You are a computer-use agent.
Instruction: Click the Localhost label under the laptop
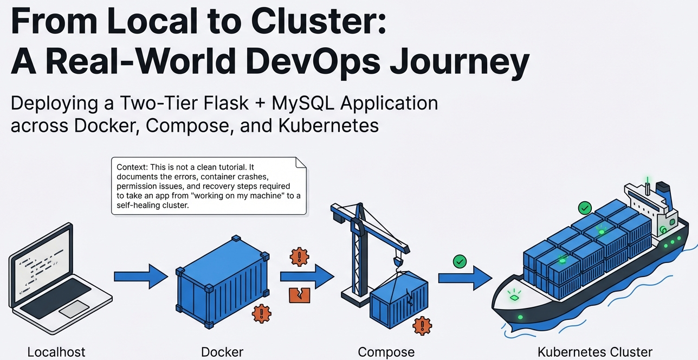(x=56, y=352)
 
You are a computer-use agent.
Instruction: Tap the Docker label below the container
(x=222, y=352)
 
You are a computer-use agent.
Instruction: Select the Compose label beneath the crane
(x=386, y=352)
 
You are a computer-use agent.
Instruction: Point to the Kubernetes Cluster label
(x=595, y=352)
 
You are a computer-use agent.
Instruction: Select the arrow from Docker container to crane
(x=307, y=277)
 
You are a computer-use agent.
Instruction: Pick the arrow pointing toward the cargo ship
(x=465, y=278)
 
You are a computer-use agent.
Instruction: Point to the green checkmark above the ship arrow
(x=460, y=261)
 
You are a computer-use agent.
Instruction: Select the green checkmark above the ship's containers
(x=584, y=208)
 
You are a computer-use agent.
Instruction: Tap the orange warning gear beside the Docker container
(x=262, y=313)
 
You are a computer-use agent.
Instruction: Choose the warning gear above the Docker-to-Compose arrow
(x=299, y=256)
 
